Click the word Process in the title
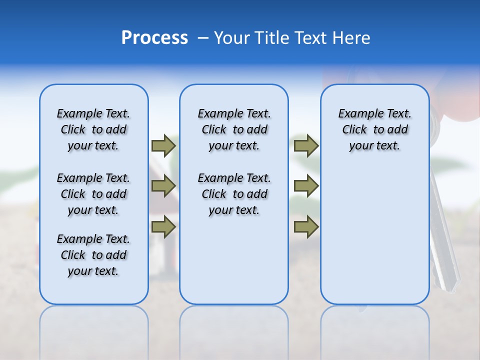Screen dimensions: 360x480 point(154,38)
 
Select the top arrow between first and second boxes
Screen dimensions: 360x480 point(163,145)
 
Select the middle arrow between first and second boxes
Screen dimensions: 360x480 point(163,186)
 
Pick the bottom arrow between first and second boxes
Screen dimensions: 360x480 point(163,227)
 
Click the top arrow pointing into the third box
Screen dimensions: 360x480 point(306,145)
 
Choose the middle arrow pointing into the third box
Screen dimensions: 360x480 point(306,186)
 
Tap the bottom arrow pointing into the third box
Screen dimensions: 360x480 point(306,227)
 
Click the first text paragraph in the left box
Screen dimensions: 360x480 point(93,129)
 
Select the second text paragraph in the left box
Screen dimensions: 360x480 point(93,194)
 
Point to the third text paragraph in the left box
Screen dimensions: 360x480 point(93,255)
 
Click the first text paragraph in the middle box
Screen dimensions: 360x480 point(234,129)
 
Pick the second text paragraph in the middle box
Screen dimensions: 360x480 point(234,194)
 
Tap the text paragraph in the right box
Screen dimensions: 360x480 point(374,129)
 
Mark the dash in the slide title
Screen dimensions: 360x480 point(203,38)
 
